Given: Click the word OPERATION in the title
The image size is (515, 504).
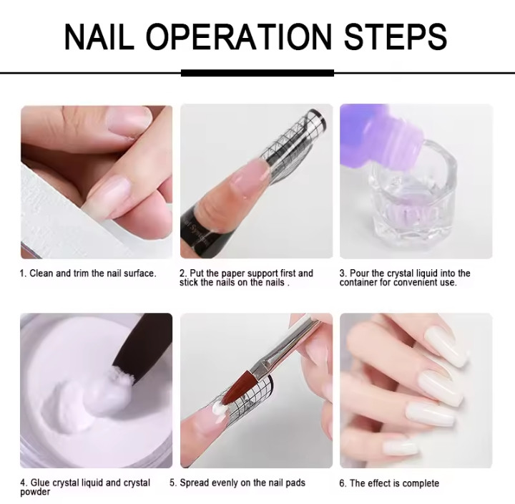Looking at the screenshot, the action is click(239, 37).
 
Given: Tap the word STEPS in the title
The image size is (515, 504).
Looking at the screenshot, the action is click(395, 37).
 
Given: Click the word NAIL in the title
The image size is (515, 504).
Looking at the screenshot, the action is click(99, 37).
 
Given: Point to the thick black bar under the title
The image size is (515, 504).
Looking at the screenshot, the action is click(257, 73).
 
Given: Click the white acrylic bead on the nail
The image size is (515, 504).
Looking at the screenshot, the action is click(218, 409).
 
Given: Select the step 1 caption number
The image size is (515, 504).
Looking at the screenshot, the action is click(23, 273).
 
